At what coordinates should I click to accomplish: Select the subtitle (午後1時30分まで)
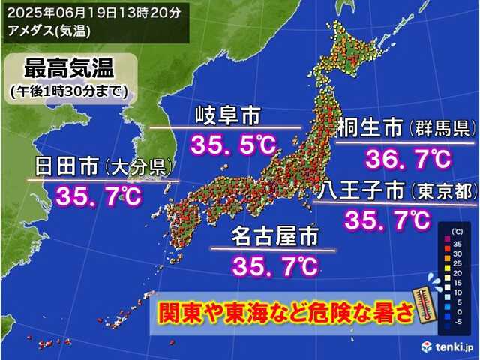[x=69, y=91]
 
